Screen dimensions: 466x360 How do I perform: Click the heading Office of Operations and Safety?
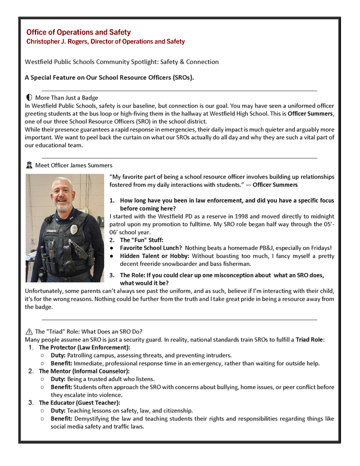[78, 32]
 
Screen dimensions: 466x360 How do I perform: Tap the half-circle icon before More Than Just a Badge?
[29, 98]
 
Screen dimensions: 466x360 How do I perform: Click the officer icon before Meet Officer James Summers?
[29, 165]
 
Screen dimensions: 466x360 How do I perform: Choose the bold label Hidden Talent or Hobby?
[154, 256]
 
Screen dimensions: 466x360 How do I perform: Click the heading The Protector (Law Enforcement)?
[84, 347]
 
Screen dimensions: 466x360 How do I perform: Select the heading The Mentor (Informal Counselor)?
[84, 371]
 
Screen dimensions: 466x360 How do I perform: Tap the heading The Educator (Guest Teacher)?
[80, 403]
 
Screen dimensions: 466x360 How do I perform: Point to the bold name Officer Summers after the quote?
[275, 185]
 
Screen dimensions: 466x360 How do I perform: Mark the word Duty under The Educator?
[58, 411]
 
